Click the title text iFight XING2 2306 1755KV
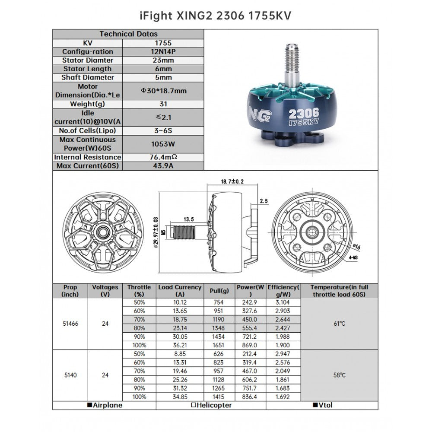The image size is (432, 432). click(216, 16)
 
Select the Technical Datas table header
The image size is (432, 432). click(128, 34)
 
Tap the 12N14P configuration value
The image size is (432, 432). click(163, 51)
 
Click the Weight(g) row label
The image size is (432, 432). click(88, 104)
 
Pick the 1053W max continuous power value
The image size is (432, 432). click(163, 144)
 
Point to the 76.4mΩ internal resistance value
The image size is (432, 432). click(163, 157)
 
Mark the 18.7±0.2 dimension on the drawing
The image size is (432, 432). click(232, 182)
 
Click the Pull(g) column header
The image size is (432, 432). click(219, 291)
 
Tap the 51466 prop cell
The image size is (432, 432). click(70, 323)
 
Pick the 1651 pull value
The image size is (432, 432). click(219, 345)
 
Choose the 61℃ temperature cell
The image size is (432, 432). click(339, 323)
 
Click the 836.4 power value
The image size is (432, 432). click(250, 397)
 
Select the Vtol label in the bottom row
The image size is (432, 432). click(322, 405)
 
